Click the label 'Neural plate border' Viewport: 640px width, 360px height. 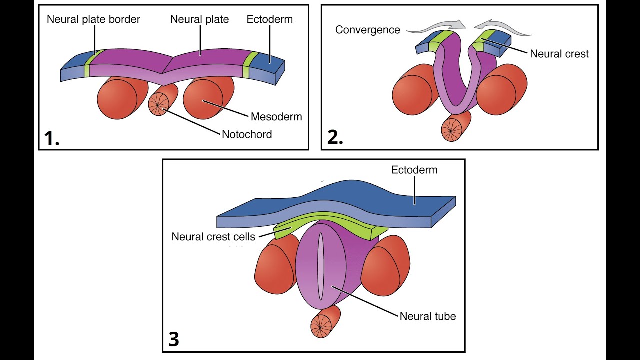point(93,20)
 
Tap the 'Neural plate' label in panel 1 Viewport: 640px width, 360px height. point(199,20)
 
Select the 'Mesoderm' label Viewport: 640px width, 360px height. point(276,117)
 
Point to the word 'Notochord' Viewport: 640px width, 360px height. point(247,134)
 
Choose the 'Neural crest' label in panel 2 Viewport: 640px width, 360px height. point(559,54)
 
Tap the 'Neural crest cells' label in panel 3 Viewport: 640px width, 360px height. point(213,236)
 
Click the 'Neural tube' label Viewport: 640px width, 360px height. point(428,316)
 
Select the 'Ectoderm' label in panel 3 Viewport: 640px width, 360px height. point(414,170)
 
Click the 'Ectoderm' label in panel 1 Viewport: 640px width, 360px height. point(270,20)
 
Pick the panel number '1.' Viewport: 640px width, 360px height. point(52,138)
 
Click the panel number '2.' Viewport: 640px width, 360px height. point(335,138)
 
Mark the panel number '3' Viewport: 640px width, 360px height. point(174,340)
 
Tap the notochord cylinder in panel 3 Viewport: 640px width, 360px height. point(324,322)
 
